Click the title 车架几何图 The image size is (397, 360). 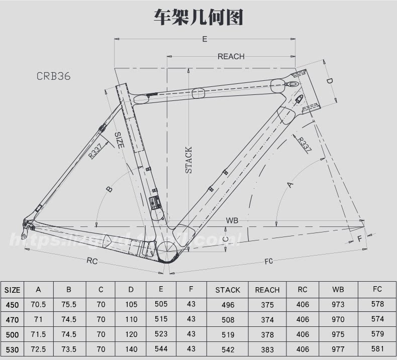[x=198, y=17]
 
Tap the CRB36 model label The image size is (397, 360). [x=53, y=76]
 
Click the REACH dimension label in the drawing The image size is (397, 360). [x=231, y=56]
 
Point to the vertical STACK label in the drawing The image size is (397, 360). [x=188, y=160]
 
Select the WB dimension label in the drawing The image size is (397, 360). [x=232, y=220]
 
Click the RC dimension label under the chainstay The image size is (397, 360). [x=92, y=261]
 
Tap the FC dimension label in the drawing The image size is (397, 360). [x=268, y=261]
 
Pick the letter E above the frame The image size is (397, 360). [x=205, y=39]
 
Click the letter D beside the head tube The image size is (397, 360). [x=330, y=81]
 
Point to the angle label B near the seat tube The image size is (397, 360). [x=109, y=189]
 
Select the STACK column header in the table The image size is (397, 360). [x=228, y=290]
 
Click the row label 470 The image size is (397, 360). [x=12, y=319]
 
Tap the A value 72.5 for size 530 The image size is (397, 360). [x=38, y=348]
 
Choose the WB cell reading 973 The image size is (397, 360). [x=338, y=304]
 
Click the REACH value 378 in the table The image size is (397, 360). [x=267, y=334]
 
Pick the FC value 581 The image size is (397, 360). [x=377, y=348]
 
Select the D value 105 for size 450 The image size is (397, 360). [x=131, y=304]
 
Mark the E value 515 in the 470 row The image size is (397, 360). [x=161, y=319]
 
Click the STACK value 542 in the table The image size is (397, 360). [x=228, y=348]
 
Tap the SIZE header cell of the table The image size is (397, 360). [x=12, y=290]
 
